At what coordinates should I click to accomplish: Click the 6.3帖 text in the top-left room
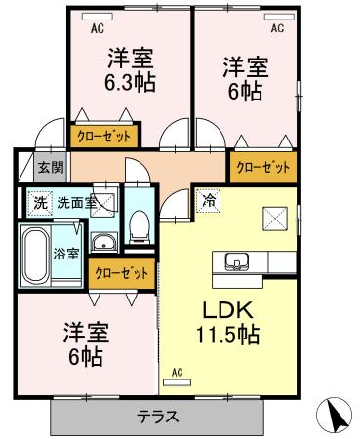(129, 80)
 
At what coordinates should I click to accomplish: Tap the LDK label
(227, 311)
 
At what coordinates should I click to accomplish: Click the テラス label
(156, 417)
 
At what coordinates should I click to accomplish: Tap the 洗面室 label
(75, 204)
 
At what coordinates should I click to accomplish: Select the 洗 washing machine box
(38, 204)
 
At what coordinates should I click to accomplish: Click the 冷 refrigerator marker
(208, 201)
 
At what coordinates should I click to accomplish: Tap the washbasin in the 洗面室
(102, 241)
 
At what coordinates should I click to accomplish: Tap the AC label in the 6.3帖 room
(98, 29)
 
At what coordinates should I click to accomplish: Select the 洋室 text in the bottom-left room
(85, 332)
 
